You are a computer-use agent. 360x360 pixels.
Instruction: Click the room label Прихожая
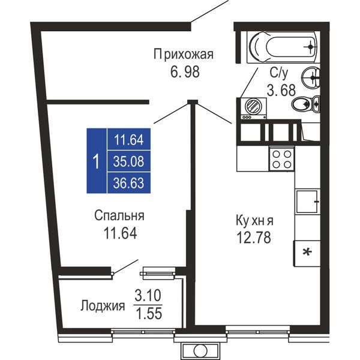point(184,55)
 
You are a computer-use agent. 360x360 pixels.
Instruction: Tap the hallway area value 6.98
point(185,71)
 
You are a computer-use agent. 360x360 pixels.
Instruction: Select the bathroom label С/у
point(278,73)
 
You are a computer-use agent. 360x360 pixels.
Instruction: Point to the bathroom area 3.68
point(281,90)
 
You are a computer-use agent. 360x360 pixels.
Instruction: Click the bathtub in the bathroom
point(283,47)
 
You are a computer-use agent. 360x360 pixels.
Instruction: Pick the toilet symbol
point(305,104)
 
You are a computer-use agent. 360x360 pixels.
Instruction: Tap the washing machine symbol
point(253,109)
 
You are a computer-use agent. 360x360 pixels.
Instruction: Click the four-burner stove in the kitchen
point(282,159)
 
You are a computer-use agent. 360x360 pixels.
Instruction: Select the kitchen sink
point(307,202)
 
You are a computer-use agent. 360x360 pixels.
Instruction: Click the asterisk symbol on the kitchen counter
point(307,253)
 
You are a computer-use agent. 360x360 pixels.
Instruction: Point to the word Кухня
point(254,221)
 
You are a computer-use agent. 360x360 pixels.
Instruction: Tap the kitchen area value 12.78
point(254,238)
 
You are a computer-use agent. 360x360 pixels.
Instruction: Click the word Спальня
point(119,215)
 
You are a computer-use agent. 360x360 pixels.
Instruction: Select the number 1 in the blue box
point(97,161)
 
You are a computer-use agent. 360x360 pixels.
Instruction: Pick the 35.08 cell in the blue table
point(128,161)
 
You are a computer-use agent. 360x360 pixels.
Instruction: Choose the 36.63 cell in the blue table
point(128,183)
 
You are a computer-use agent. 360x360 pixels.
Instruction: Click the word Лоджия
point(103,305)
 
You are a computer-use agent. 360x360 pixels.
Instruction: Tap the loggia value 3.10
point(148,295)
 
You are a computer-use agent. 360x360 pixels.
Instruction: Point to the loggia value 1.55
point(149,313)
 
